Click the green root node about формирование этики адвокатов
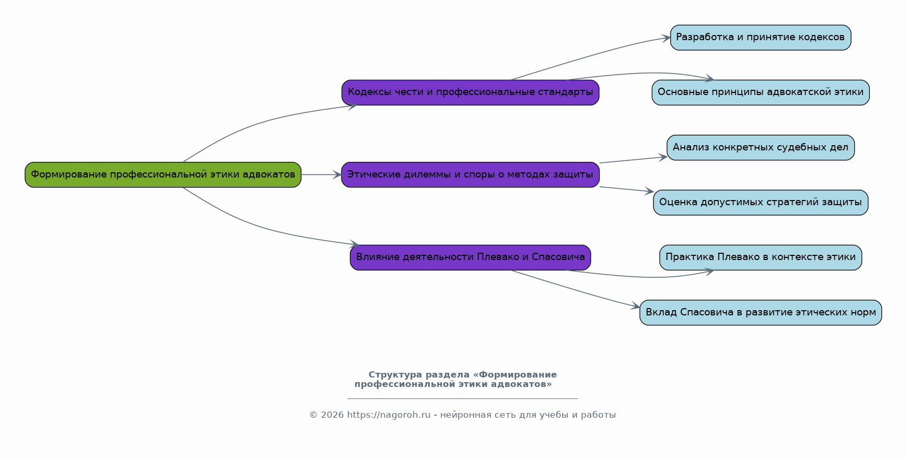[163, 174]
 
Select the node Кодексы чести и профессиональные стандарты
[470, 92]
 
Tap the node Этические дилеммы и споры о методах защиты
[470, 174]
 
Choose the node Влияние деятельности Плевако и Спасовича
[470, 257]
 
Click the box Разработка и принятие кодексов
[761, 38]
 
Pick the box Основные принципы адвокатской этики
[761, 92]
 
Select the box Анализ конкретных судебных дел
[761, 148]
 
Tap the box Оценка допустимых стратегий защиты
[761, 203]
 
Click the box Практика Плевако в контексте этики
[761, 257]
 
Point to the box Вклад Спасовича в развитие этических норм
[761, 313]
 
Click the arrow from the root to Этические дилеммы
[321, 174]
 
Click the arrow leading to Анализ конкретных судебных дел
[634, 160]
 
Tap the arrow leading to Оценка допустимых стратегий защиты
[627, 190]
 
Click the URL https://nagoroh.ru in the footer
[389, 415]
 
